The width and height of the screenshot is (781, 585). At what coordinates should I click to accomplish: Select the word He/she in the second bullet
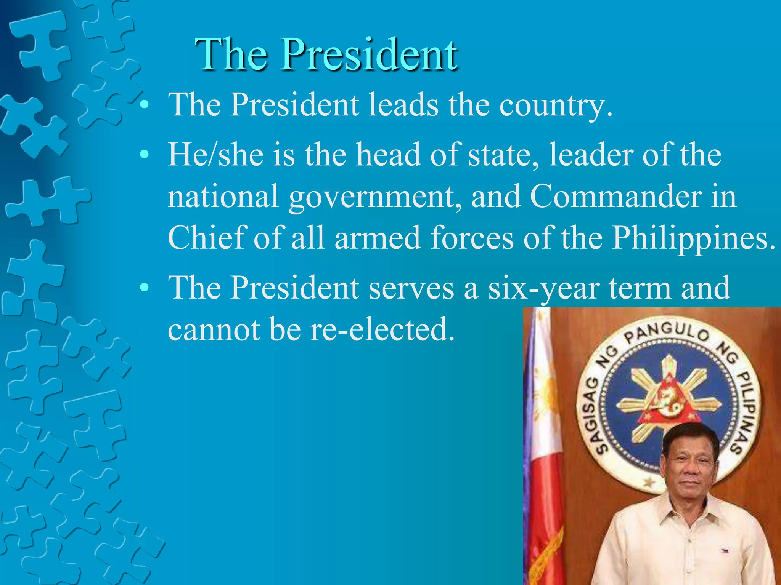tap(216, 155)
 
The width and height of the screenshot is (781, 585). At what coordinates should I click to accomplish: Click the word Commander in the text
tap(616, 197)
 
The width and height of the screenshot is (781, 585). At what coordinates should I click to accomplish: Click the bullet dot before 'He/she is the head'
tap(144, 155)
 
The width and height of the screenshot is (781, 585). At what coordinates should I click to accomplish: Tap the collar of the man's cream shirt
tap(686, 512)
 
